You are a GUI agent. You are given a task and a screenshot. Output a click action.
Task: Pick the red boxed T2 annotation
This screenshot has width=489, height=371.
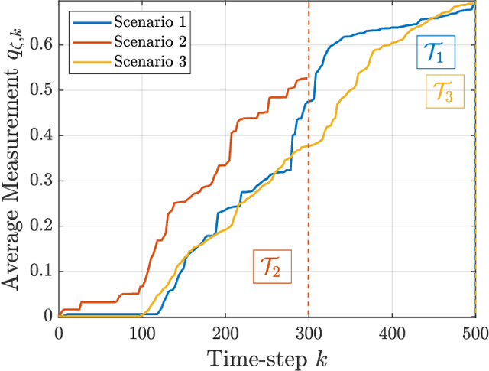coord(272,267)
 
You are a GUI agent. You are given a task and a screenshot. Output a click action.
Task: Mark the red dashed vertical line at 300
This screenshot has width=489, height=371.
coord(309,191)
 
